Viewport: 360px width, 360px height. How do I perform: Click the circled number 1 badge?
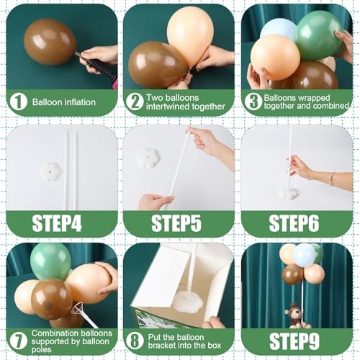pos(18,102)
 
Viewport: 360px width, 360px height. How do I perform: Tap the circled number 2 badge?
pos(135,102)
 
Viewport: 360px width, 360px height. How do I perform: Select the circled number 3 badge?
pos(253,102)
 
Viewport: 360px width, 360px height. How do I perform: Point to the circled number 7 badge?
pos(18,341)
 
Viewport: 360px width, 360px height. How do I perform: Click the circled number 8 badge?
pos(135,341)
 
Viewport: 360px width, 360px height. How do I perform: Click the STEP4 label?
pos(57,224)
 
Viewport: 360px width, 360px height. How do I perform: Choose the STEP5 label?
pos(176,224)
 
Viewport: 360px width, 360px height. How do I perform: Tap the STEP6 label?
pos(294,224)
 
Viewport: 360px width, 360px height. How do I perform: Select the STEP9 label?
pos(294,341)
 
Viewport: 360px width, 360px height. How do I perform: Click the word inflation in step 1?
pos(80,102)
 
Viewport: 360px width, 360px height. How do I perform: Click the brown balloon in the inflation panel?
pos(50,42)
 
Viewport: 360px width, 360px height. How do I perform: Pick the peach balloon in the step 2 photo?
pos(190,37)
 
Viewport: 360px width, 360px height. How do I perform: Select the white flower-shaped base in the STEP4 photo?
pos(50,171)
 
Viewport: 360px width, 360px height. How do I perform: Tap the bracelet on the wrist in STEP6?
pos(332,179)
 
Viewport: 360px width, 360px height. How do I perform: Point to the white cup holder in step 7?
pos(77,309)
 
